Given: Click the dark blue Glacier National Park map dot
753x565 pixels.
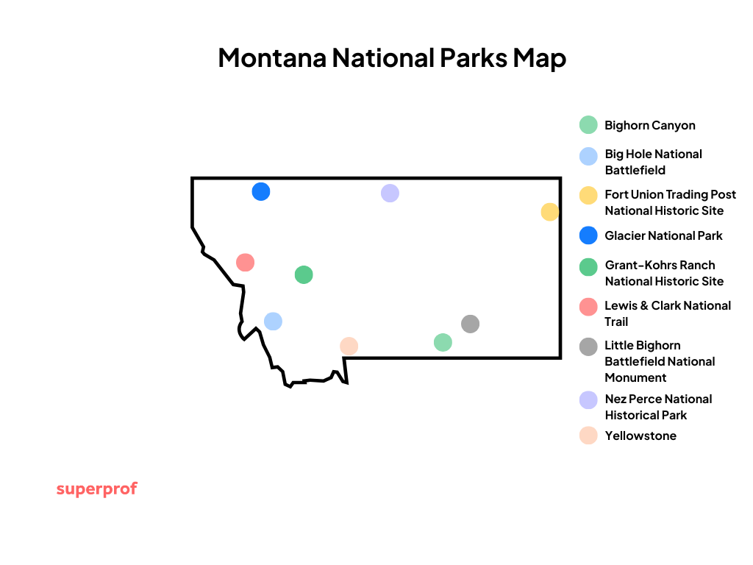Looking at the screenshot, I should pyautogui.click(x=261, y=191).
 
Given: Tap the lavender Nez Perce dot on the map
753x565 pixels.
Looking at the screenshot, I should pyautogui.click(x=390, y=193).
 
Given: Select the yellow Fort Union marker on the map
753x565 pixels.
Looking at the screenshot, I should pyautogui.click(x=549, y=212).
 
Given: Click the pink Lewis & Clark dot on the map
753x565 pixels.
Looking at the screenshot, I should pyautogui.click(x=245, y=262).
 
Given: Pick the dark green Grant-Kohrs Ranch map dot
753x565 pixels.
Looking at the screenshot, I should pyautogui.click(x=304, y=274).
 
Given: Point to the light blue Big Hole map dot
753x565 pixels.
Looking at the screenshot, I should pyautogui.click(x=273, y=321).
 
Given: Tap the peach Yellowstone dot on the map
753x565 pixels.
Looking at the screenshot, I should pyautogui.click(x=349, y=346).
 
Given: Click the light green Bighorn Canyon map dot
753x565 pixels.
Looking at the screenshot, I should pyautogui.click(x=443, y=342).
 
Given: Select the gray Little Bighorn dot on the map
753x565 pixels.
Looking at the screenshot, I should pyautogui.click(x=470, y=324).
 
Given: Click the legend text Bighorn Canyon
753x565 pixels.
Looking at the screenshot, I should pyautogui.click(x=649, y=125).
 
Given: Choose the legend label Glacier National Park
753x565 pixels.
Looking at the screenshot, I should pyautogui.click(x=663, y=235).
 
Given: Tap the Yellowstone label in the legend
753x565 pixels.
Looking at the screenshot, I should pyautogui.click(x=640, y=436).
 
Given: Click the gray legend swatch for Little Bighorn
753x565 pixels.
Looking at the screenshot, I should pyautogui.click(x=588, y=347).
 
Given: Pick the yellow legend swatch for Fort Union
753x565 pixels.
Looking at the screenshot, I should pyautogui.click(x=588, y=196).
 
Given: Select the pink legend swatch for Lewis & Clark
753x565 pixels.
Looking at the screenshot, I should pyautogui.click(x=588, y=307).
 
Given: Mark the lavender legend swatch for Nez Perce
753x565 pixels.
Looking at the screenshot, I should pyautogui.click(x=588, y=400).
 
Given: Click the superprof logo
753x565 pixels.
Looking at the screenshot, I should pyautogui.click(x=96, y=489).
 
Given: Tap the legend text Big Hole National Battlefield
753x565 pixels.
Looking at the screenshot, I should pyautogui.click(x=653, y=162).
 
